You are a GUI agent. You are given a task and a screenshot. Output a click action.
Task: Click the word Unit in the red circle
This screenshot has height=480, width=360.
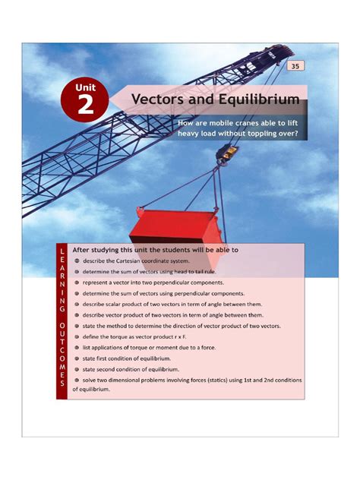pyautogui.click(x=84, y=88)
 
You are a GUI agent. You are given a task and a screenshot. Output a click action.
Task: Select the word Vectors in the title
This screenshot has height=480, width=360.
pyautogui.click(x=162, y=100)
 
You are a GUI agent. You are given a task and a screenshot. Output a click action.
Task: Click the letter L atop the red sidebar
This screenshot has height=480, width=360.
pyautogui.click(x=61, y=251)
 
